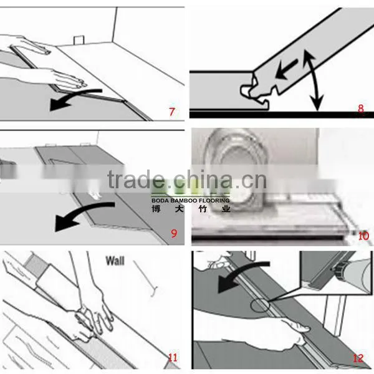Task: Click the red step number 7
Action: (172, 112)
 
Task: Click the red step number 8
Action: (361, 108)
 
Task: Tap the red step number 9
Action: (174, 233)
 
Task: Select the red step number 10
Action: (363, 236)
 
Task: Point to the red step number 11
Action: (173, 357)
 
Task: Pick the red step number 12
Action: (358, 358)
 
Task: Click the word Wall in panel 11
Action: (115, 261)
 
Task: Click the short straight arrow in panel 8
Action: (286, 69)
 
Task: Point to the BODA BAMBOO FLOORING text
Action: (190, 200)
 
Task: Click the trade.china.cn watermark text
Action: (187, 180)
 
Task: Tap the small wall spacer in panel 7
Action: (79, 40)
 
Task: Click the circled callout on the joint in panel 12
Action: (260, 305)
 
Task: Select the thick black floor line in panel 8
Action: (282, 115)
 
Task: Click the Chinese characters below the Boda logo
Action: (191, 209)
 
